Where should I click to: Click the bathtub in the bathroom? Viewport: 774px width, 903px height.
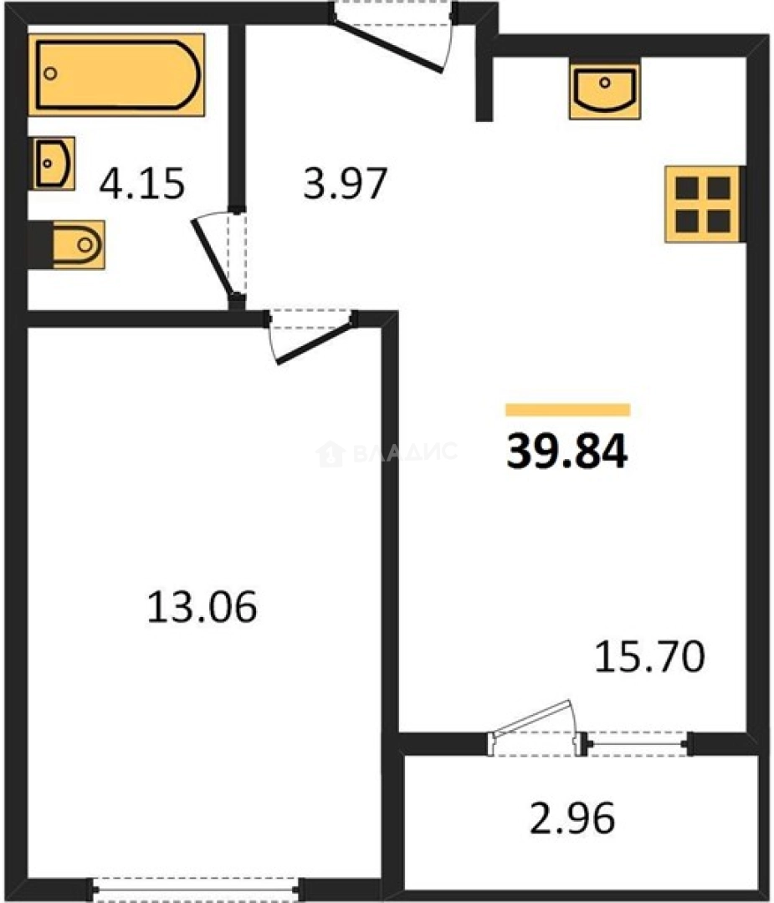pos(117,75)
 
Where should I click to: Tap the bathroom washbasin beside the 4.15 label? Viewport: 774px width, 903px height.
pos(53,164)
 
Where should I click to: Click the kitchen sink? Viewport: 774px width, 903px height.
pos(605,92)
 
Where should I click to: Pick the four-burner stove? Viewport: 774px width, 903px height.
pos(704,205)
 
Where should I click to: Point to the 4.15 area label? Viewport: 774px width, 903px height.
pos(141,184)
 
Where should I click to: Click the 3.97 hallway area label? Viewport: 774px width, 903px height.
pos(345,184)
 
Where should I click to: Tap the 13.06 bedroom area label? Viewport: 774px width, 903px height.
pos(202,607)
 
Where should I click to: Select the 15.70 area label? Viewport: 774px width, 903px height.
pos(649,656)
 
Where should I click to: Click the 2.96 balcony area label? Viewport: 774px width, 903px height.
pos(572,819)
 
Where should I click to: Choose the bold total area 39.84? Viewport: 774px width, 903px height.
pos(567,452)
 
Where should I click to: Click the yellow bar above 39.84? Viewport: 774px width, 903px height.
pos(567,410)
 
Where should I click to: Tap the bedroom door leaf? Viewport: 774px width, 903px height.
pos(314,344)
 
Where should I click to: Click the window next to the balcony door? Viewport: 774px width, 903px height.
pos(638,743)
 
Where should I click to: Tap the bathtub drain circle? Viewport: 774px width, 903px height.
pos(51,74)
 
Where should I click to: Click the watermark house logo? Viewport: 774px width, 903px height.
pos(331,453)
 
